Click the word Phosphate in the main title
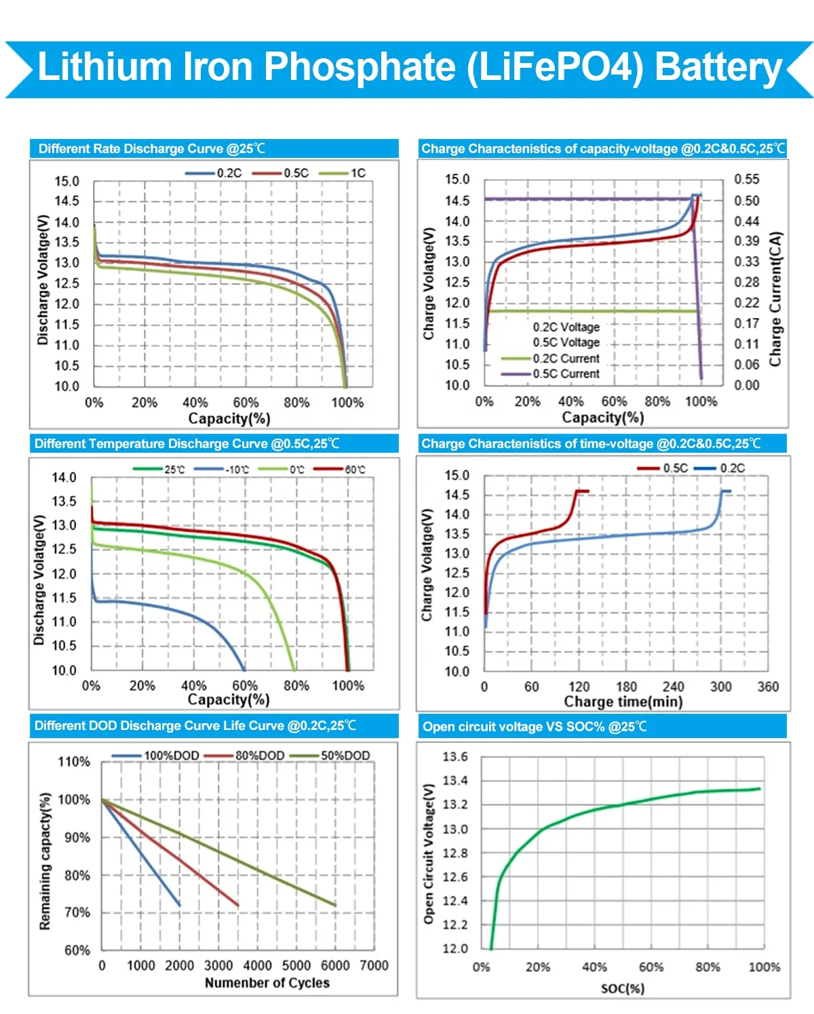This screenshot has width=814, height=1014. click(x=359, y=67)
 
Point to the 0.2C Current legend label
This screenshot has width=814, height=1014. click(x=566, y=359)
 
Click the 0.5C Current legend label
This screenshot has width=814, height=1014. click(x=566, y=373)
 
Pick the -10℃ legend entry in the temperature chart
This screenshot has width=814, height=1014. click(x=237, y=469)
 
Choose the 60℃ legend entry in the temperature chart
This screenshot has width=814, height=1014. click(x=355, y=469)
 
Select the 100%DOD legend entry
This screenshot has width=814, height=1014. click(x=171, y=755)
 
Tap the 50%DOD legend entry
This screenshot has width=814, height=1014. click(x=345, y=755)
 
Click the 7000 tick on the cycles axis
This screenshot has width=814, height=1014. click(x=374, y=965)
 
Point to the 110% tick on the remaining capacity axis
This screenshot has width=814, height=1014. click(x=74, y=762)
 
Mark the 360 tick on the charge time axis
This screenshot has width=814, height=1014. click(x=768, y=687)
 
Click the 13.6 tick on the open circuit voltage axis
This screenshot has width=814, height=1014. click(x=455, y=756)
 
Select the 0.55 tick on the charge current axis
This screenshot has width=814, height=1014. click(x=747, y=179)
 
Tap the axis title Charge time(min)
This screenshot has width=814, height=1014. click(x=623, y=702)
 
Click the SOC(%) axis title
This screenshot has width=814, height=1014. click(x=623, y=988)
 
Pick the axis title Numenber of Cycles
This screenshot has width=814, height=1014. click(x=267, y=983)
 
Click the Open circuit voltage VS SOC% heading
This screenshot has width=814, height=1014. click(x=535, y=727)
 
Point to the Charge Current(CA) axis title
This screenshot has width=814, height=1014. click(x=775, y=299)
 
